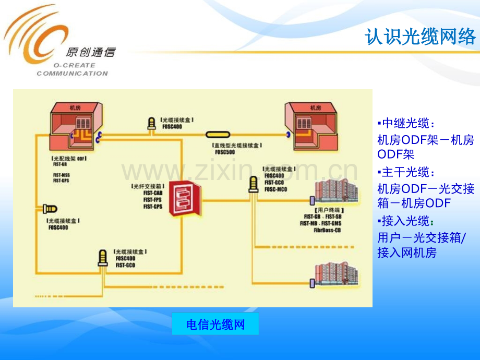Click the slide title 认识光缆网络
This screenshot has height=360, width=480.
pyautogui.click(x=420, y=38)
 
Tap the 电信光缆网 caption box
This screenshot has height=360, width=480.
pyautogui.click(x=215, y=325)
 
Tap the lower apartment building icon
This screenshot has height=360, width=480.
pyautogui.click(x=337, y=274)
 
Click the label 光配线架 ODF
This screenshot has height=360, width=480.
pyautogui.click(x=68, y=158)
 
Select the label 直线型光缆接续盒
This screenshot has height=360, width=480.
pyautogui.click(x=237, y=146)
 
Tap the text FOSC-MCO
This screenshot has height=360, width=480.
pyautogui.click(x=275, y=189)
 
